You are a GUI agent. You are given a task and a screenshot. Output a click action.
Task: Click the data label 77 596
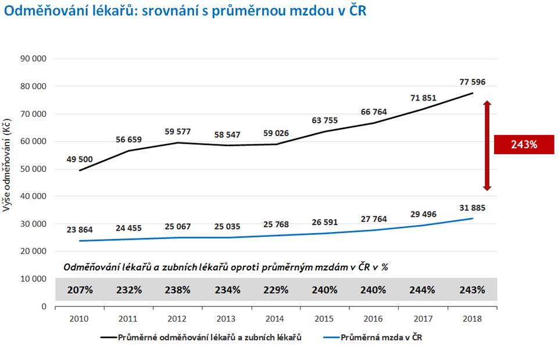(472, 82)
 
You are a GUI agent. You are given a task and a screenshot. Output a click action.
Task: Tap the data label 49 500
(80, 159)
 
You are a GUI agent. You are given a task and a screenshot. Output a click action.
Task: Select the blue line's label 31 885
(472, 208)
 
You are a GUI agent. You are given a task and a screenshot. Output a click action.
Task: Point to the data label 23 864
(80, 230)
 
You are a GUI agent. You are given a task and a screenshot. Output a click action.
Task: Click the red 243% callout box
(524, 144)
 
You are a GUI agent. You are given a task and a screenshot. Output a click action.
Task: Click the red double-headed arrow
(487, 145)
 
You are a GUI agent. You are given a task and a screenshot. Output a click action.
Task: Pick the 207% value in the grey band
(80, 290)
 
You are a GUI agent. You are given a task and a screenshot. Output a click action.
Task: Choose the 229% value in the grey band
(276, 290)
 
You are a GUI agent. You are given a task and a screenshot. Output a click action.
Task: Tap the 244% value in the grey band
(422, 290)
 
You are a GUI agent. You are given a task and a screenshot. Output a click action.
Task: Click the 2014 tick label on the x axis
(275, 319)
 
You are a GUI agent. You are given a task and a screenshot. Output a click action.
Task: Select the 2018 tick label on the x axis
(472, 319)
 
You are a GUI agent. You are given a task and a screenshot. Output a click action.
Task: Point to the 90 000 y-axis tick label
(33, 59)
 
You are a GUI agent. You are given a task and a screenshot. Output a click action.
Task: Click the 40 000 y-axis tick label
(33, 196)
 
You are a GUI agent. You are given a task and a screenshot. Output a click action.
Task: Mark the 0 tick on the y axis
(44, 306)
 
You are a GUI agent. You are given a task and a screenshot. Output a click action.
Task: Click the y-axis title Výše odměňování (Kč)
(6, 165)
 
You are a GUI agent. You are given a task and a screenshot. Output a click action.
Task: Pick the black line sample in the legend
(109, 337)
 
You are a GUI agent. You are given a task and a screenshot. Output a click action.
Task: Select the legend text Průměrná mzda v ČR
(381, 337)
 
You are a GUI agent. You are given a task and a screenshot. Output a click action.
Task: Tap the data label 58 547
(227, 134)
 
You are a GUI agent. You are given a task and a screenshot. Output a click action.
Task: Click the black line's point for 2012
(178, 143)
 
